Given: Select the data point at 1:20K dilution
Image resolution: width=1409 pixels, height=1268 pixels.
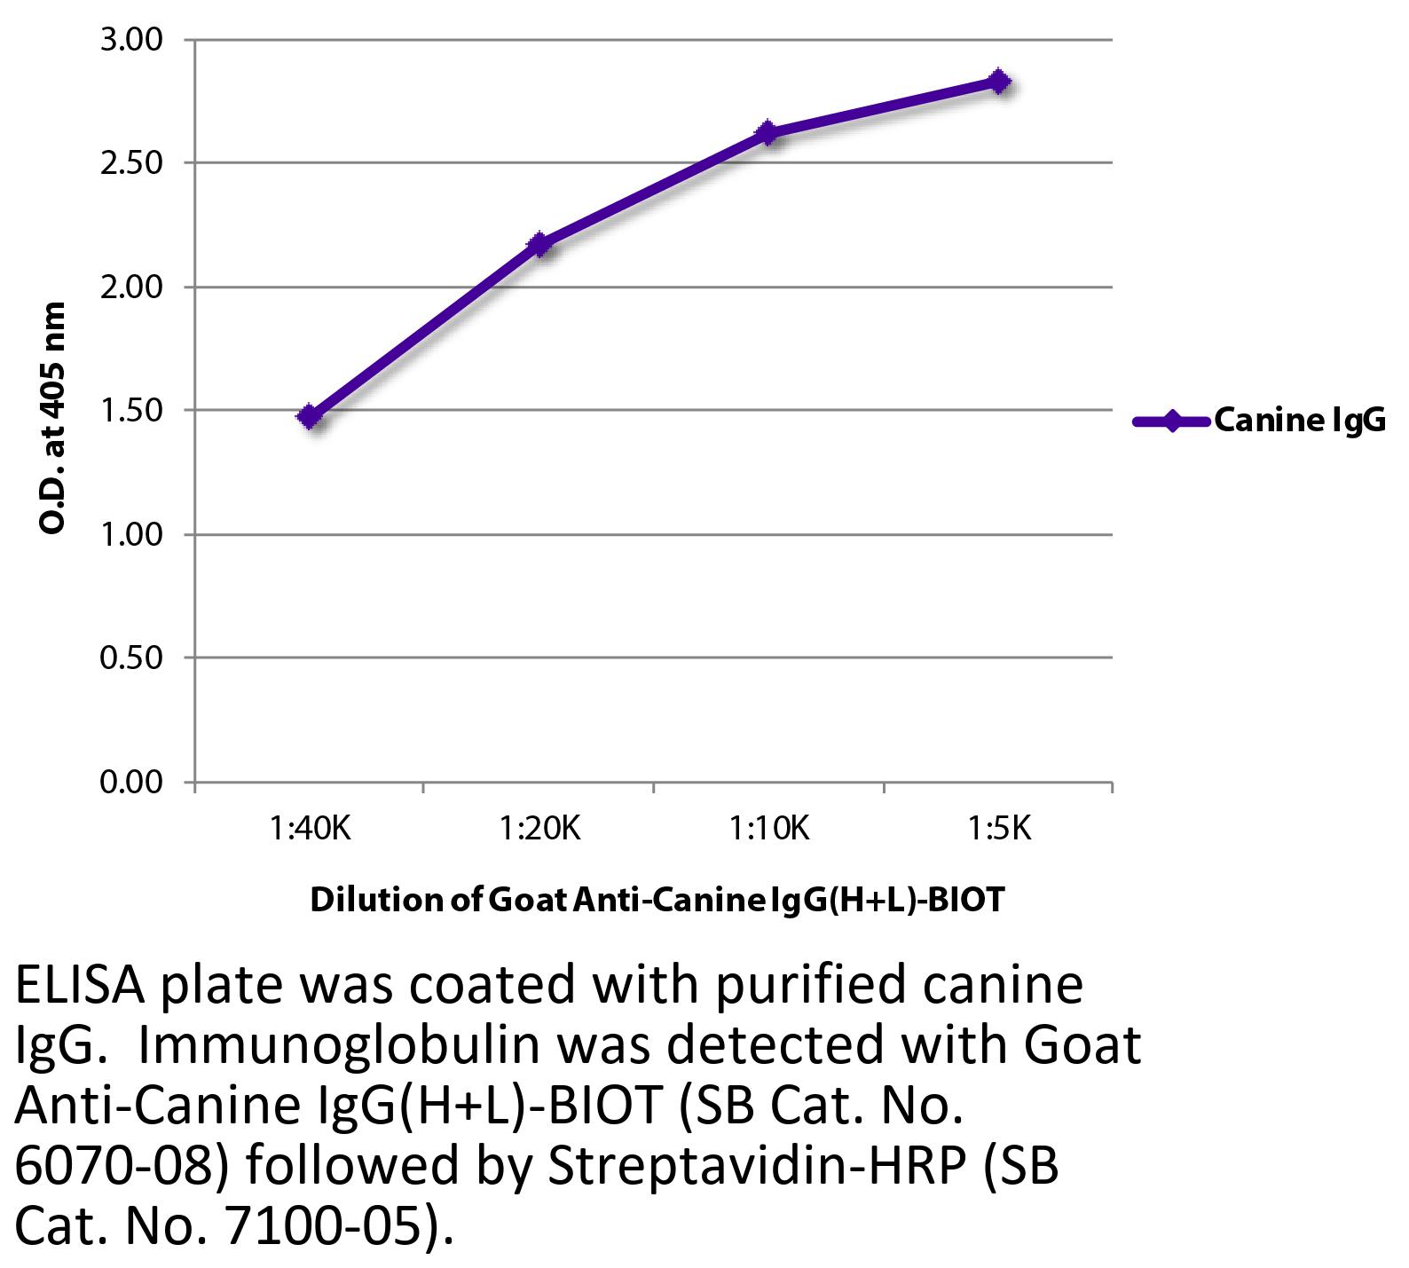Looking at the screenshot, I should (x=539, y=244).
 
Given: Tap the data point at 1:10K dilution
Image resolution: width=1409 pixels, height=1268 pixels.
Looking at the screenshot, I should (x=767, y=133).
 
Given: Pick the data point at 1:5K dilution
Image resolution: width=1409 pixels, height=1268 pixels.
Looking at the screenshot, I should (x=998, y=82).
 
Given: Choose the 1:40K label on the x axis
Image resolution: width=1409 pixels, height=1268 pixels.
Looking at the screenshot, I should (x=311, y=829).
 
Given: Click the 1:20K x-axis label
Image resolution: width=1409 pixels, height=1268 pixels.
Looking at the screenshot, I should (x=539, y=829).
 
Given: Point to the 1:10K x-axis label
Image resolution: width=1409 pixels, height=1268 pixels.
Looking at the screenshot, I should (x=769, y=829).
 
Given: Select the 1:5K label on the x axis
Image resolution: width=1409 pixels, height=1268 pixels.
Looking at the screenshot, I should (x=999, y=829).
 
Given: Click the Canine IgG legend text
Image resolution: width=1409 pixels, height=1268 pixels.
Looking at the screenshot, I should (x=1299, y=421).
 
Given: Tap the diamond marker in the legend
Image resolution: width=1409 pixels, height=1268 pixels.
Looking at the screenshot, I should (x=1171, y=421).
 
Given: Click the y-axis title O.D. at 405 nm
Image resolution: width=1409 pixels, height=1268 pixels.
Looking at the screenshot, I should (x=53, y=417).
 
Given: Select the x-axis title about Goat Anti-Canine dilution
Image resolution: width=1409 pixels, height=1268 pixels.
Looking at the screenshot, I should (x=657, y=900).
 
